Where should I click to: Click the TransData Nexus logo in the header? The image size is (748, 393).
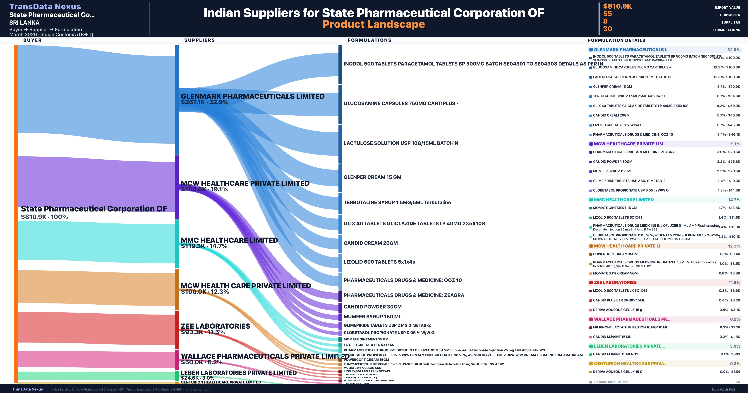point(45,6)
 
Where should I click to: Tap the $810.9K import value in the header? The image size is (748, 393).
point(617,6)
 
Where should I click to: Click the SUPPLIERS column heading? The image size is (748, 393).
point(199,40)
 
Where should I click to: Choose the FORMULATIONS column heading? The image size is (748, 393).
point(369,40)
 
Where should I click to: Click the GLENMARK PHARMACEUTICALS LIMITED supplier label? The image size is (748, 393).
point(252,96)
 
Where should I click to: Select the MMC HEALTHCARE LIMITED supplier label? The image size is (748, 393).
point(229,240)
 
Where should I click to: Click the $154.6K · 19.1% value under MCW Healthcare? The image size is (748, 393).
point(204,189)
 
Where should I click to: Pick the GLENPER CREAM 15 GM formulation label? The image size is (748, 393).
point(372,177)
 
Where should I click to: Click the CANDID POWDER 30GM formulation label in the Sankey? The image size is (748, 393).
point(373,307)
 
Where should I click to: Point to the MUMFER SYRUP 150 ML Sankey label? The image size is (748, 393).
point(372,317)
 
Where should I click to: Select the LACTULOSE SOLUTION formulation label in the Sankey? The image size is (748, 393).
point(401,143)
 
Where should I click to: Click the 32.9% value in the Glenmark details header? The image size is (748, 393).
point(734,50)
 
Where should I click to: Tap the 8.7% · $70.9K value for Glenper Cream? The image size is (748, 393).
point(728,87)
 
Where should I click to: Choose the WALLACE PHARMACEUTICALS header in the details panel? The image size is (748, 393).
point(632,319)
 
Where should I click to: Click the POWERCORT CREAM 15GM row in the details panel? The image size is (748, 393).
point(615,254)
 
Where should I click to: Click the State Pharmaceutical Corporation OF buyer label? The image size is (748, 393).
point(94,209)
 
